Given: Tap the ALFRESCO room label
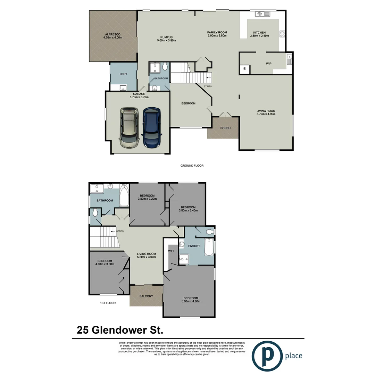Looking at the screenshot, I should click(x=112, y=34).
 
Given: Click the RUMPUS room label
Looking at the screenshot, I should click(x=166, y=37).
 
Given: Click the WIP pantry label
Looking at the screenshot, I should click(x=268, y=64).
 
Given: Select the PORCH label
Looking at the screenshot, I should click(x=225, y=128).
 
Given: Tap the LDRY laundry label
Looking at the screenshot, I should click(x=123, y=74).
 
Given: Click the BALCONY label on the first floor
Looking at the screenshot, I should click(x=146, y=296).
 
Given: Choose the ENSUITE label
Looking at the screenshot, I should click(x=194, y=246).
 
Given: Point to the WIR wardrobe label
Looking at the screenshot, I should click(x=171, y=250).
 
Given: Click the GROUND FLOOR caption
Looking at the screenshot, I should click(x=192, y=166).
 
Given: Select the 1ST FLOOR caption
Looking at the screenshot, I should click(x=107, y=303).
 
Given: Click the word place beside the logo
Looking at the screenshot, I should click(x=293, y=356).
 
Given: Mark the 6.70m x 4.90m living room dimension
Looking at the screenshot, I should click(x=266, y=114).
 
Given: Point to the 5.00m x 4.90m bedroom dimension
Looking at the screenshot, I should click(x=191, y=301).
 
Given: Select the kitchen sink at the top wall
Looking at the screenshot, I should click(x=260, y=14).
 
